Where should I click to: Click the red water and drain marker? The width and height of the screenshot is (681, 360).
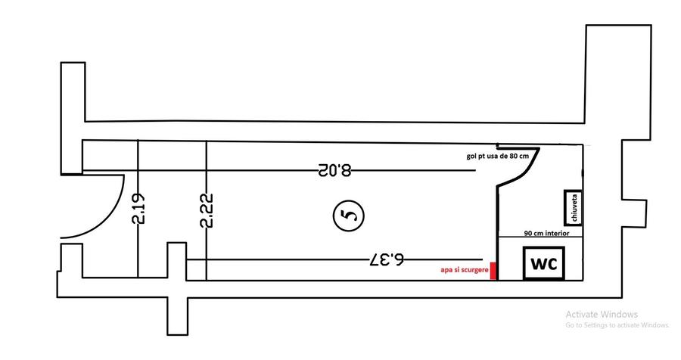[x=493, y=272]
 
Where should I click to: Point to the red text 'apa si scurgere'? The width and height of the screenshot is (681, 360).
[x=464, y=269]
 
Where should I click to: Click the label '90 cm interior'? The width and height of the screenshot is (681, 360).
[x=546, y=234]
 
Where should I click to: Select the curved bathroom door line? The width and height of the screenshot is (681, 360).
[x=518, y=169]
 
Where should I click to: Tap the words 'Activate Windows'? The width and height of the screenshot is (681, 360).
[x=602, y=314]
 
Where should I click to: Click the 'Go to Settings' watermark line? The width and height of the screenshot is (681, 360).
[x=617, y=325]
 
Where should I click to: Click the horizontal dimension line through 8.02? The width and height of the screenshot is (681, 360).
[x=227, y=170]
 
